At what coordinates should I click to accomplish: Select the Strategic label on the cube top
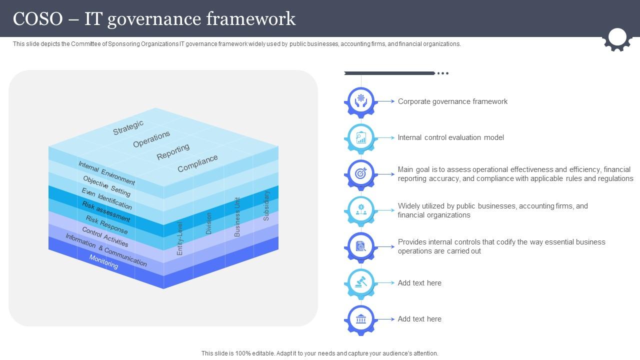pos(128,127)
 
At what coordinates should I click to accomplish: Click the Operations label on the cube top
pos(151,139)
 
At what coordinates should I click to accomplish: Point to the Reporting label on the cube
pos(173,151)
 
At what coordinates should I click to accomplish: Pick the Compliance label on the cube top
pos(197,163)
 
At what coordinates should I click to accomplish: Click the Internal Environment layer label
pos(106,173)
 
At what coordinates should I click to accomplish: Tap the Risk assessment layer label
pos(106,212)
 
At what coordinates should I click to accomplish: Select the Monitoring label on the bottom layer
pos(103,261)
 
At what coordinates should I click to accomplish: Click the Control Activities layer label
pos(105,237)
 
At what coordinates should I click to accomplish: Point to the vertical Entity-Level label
pos(180,238)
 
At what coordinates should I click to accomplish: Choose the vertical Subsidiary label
pos(266,205)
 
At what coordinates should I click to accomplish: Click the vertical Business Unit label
pos(237,216)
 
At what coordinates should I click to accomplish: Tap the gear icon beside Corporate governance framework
pos(360,101)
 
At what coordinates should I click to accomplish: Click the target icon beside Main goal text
pos(360,174)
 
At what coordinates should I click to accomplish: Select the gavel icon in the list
pos(360,283)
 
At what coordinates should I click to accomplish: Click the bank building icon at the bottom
pos(360,319)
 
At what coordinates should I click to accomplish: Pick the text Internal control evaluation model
pos(450,137)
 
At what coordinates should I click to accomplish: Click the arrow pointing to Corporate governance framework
pos(385,101)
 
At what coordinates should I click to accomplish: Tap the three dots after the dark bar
pos(443,73)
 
